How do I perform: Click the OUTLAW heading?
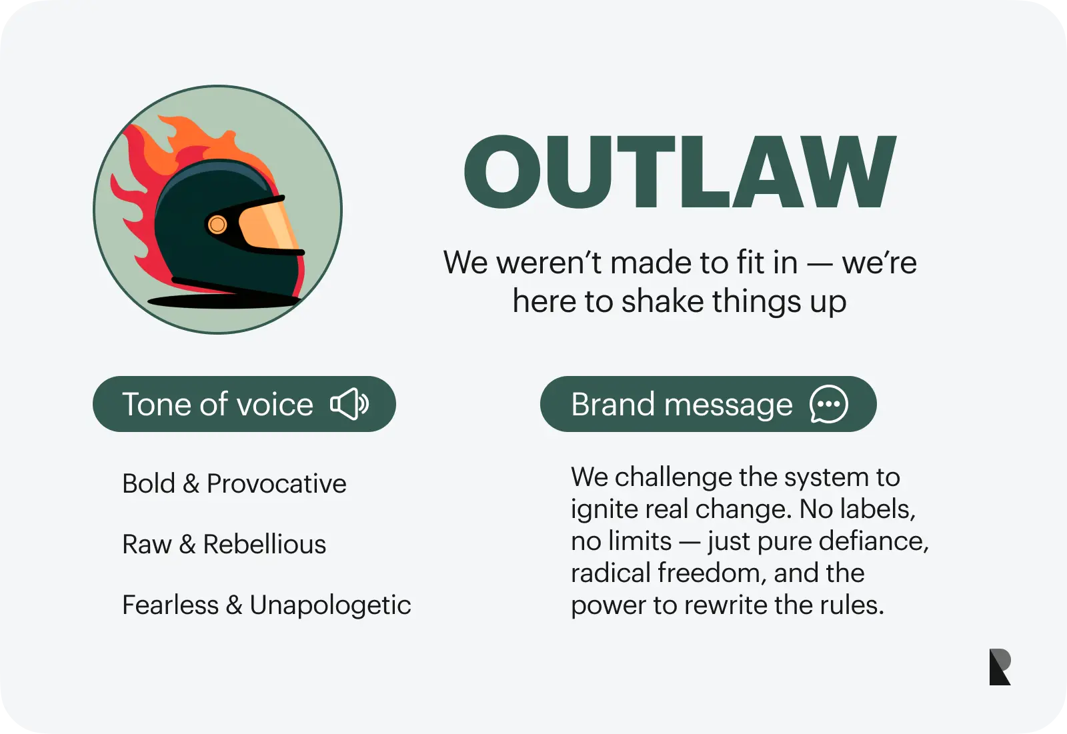pos(680,171)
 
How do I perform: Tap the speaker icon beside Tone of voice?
pos(349,404)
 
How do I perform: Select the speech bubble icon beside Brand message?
pos(829,404)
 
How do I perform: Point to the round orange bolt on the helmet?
pos(217,225)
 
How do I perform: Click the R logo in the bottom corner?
pos(1000,667)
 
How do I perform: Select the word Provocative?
pos(276,484)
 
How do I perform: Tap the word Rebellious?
pos(264,544)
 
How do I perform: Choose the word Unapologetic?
pos(330,606)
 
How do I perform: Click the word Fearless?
pos(171,605)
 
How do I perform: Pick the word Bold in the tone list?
pos(149,483)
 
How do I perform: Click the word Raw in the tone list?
pos(147,545)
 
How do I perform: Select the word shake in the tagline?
pos(663,301)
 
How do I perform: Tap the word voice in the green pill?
pos(275,405)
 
